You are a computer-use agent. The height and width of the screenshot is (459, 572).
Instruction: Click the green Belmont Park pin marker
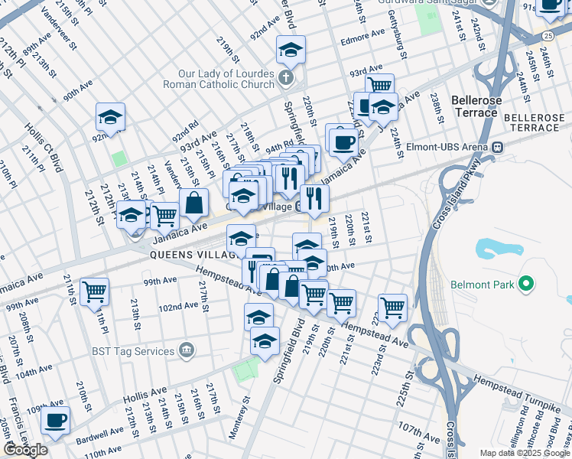(x=525, y=285)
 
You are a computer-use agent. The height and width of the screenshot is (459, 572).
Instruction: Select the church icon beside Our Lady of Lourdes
(x=285, y=77)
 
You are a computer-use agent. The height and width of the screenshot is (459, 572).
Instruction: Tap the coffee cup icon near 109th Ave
(x=55, y=420)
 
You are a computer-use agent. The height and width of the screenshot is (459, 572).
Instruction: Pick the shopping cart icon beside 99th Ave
(x=94, y=291)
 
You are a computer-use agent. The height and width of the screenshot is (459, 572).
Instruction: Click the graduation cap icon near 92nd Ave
(x=110, y=118)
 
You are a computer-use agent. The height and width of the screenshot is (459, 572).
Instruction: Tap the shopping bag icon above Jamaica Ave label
(x=194, y=203)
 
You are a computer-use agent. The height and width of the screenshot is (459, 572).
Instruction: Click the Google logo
(x=26, y=450)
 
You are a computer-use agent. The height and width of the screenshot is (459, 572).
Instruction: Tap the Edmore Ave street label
(x=363, y=35)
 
